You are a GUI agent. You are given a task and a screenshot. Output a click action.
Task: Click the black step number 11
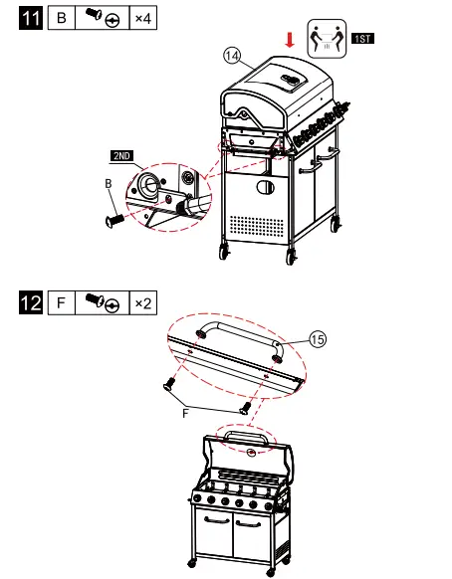31,19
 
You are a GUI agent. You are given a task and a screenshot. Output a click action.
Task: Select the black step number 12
31,301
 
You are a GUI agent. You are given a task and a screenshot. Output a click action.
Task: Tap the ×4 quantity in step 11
142,19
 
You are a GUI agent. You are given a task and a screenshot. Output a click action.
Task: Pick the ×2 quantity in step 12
142,301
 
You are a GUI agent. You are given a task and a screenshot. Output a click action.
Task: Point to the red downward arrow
289,39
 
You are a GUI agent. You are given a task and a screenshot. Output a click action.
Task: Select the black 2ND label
121,156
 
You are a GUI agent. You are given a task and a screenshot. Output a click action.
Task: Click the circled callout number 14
232,56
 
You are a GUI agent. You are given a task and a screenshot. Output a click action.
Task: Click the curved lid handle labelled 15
239,331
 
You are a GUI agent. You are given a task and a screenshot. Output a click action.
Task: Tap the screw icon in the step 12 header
101,301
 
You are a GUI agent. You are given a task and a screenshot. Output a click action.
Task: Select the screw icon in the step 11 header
101,19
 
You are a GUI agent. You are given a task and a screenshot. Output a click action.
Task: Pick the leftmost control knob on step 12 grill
198,499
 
